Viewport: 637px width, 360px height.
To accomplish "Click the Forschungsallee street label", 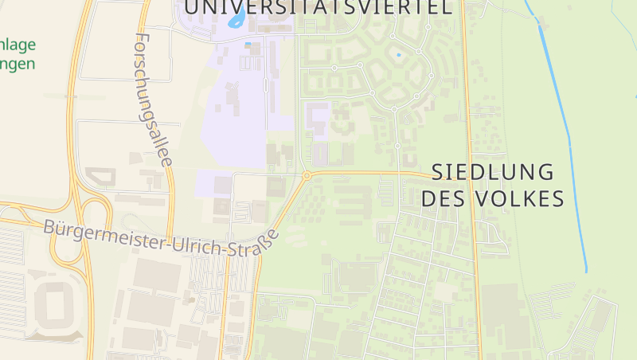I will click(154, 99).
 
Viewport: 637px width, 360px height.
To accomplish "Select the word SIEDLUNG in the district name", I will click(493, 172).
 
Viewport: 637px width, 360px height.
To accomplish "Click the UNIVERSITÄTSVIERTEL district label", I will click(318, 8).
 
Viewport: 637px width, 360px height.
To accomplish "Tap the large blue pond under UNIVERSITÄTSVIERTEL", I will click(237, 20).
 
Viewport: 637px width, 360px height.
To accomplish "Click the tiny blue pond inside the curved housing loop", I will click(398, 56).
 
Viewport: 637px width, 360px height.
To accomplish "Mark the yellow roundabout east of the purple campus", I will click(307, 175).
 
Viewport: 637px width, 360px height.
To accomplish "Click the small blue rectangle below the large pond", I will click(248, 43).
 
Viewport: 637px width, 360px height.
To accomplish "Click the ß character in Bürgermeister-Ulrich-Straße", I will click(268, 238).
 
